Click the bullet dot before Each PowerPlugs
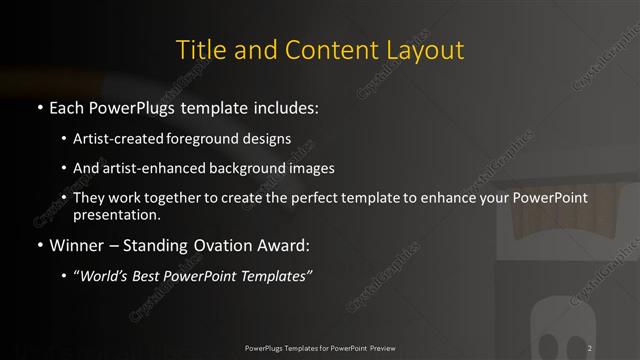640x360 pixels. tap(38, 106)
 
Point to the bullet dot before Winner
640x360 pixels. tap(38, 243)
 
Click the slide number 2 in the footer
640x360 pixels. tap(591, 347)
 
